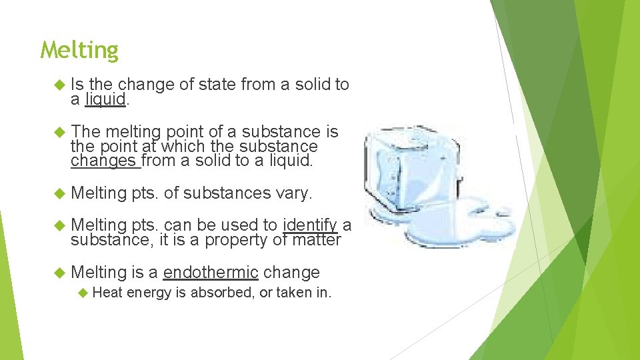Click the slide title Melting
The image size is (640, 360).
[x=79, y=51]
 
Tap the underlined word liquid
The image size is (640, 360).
[x=105, y=99]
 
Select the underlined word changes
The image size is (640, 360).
[x=103, y=161]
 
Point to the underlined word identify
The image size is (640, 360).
[x=310, y=224]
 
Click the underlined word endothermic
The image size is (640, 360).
[x=210, y=272]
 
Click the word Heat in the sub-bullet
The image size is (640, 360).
[x=107, y=292]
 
